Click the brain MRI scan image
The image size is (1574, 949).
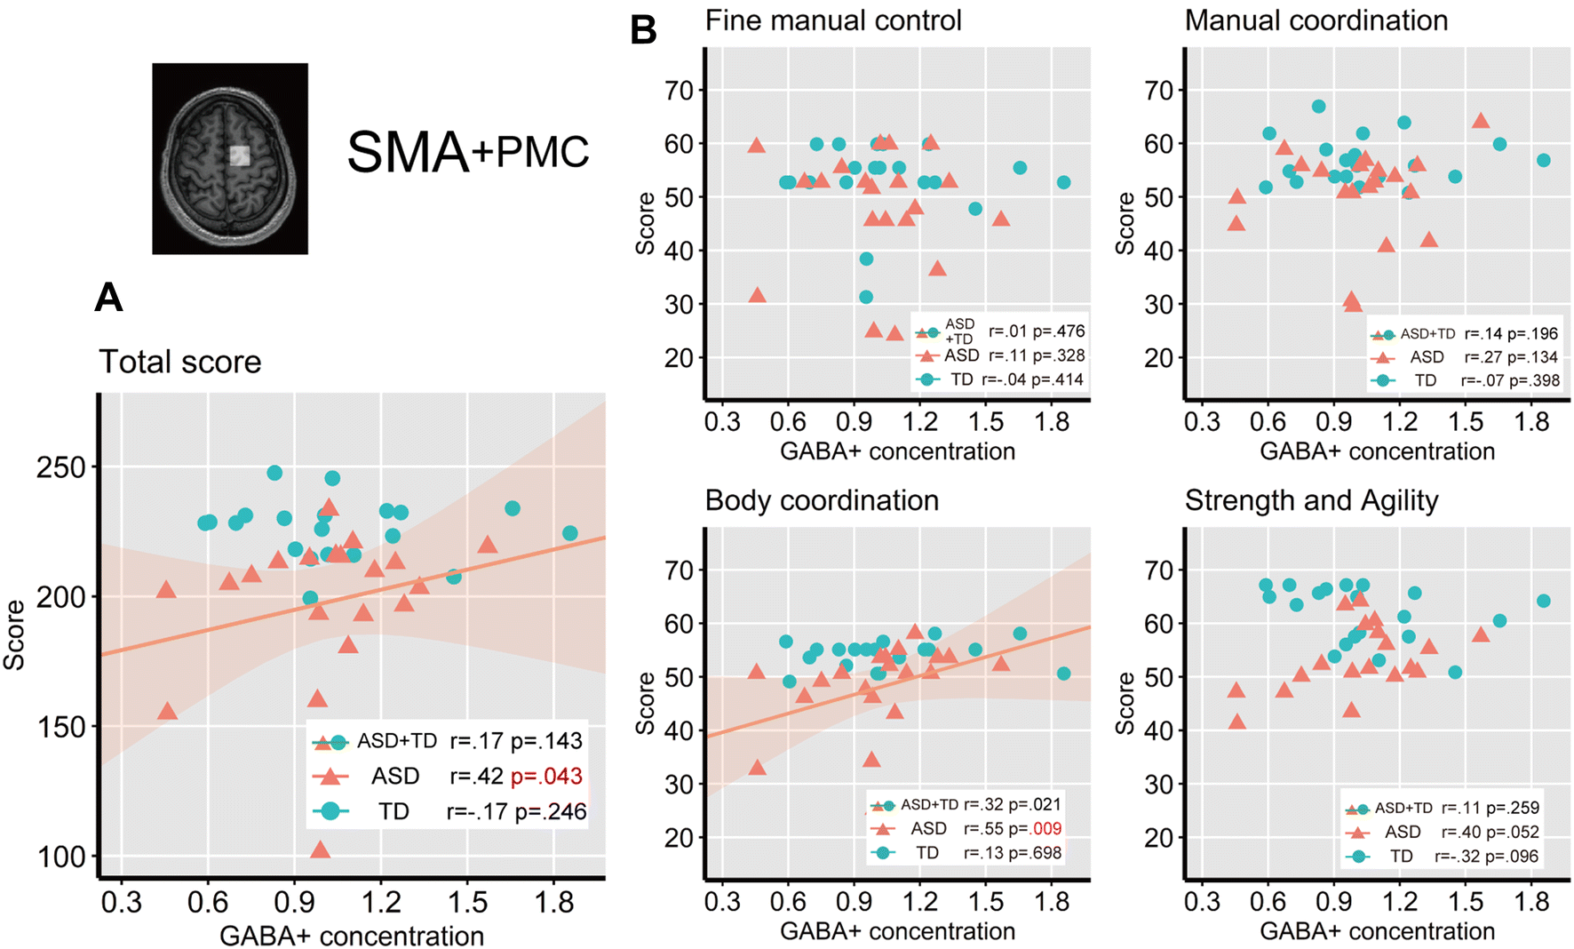coord(230,158)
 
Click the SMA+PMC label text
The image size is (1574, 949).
coord(467,152)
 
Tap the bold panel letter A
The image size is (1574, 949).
coord(108,297)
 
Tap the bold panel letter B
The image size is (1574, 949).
coord(643,31)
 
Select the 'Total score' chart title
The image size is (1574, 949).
coord(180,362)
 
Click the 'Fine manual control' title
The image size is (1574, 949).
coord(833,20)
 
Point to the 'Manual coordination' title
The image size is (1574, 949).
coord(1316,20)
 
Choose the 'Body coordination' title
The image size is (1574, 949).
coord(822,500)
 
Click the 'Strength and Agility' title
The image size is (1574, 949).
coord(1311,500)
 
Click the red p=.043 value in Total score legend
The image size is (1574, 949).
coord(547,776)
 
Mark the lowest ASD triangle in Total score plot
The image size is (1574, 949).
coord(321,850)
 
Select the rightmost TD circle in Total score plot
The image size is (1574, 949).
coord(570,533)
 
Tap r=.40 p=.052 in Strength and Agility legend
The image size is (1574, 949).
coord(1490,832)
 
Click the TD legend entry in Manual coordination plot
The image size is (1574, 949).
coord(1425,380)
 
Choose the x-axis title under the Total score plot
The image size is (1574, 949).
coord(352,936)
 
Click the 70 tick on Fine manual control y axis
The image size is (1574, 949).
coord(680,91)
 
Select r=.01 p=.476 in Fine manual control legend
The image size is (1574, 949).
coord(1037,331)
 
